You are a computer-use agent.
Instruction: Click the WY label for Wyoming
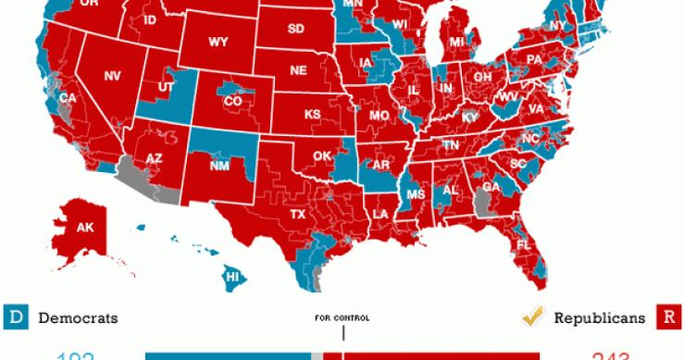coord(218,42)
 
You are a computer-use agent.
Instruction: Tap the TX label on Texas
coord(298,214)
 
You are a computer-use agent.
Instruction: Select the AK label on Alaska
coord(85,227)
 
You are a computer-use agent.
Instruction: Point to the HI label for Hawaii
coord(233,276)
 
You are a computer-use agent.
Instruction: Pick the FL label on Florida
coord(523,245)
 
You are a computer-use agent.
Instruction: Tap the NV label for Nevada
coord(113,76)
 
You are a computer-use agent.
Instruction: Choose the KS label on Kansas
coord(313,115)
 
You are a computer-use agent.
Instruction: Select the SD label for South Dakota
coord(295,29)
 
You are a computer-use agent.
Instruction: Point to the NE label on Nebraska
coord(298,70)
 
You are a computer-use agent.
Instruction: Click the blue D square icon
coord(14,318)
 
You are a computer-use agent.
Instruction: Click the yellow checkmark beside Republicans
coord(531,317)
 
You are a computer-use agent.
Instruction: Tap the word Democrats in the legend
coord(79,318)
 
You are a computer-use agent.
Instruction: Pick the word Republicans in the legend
coord(599,318)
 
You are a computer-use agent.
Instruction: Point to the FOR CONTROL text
coord(342,318)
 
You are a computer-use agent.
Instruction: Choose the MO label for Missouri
coord(379,117)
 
